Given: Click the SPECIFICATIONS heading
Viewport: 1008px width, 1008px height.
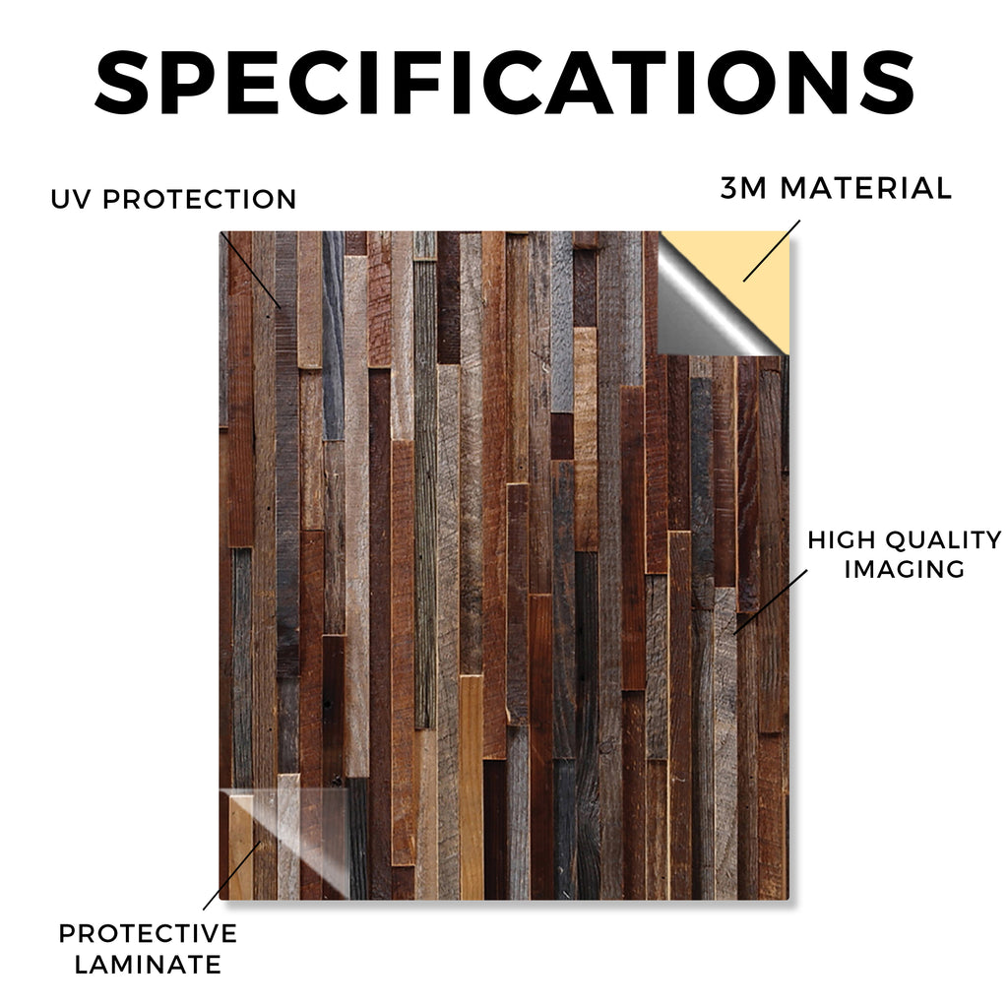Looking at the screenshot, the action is point(505,83).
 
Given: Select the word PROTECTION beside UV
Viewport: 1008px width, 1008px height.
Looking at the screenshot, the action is point(199,199).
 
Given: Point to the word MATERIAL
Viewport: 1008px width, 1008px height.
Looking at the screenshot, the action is point(865,188).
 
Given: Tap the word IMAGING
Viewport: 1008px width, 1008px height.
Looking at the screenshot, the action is point(905,569).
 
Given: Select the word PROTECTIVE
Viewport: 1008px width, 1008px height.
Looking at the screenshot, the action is point(148,933).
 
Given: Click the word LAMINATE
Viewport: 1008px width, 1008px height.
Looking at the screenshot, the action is point(148,965).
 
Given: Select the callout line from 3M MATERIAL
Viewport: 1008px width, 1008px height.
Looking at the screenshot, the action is point(772,251).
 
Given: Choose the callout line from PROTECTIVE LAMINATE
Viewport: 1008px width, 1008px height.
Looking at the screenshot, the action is point(231,875).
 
